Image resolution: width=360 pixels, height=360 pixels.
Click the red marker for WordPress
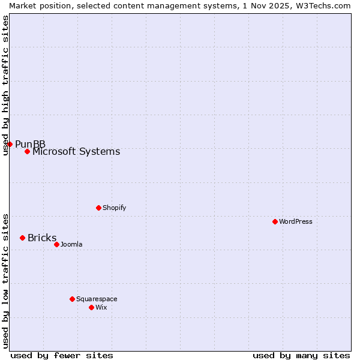pyautogui.click(x=275, y=221)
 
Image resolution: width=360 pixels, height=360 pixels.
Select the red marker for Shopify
pyautogui.click(x=98, y=208)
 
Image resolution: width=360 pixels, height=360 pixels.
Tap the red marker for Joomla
pyautogui.click(x=56, y=244)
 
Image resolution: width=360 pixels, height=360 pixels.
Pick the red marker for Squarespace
pyautogui.click(x=72, y=299)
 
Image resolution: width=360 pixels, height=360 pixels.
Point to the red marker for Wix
pyautogui.click(x=91, y=307)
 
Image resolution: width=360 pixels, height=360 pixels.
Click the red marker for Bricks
pyautogui.click(x=22, y=238)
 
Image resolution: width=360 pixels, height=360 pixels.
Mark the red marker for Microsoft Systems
pyautogui.click(x=27, y=151)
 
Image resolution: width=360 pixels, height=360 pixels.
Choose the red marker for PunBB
pyautogui.click(x=10, y=144)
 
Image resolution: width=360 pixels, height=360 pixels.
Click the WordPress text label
pyautogui.click(x=296, y=221)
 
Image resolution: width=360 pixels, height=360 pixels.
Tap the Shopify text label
pyautogui.click(x=115, y=208)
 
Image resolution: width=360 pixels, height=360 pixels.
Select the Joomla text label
pyautogui.click(x=71, y=244)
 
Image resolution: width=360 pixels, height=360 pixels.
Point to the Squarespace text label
pyautogui.click(x=97, y=299)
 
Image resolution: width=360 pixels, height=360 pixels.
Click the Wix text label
pyautogui.click(x=101, y=307)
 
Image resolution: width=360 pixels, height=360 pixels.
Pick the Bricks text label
pyautogui.click(x=42, y=238)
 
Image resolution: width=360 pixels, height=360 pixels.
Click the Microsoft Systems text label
pyautogui.click(x=76, y=151)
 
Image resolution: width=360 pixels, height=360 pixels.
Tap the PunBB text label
pyautogui.click(x=31, y=144)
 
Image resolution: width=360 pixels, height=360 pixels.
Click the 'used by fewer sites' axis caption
pyautogui.click(x=62, y=355)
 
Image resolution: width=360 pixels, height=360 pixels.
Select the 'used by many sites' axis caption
pyautogui.click(x=301, y=355)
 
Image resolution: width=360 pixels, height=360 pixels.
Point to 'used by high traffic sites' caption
pyautogui.click(x=5, y=85)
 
